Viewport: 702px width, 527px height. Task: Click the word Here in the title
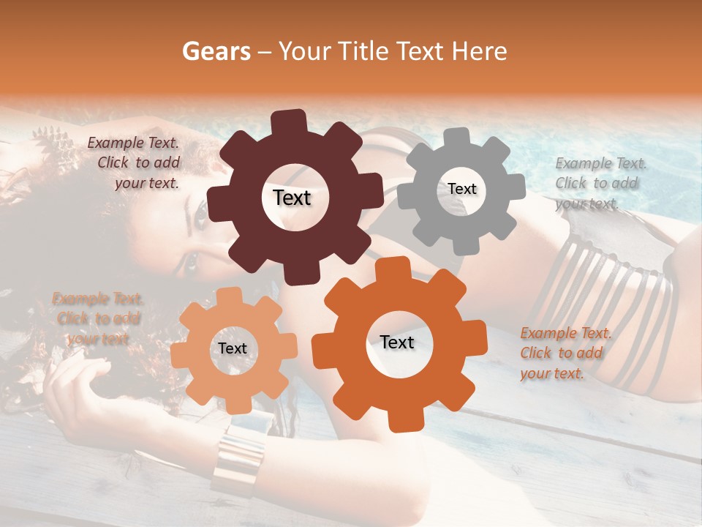tap(480, 51)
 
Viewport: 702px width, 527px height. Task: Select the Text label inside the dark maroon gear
tap(292, 198)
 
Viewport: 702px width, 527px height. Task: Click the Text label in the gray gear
tap(461, 189)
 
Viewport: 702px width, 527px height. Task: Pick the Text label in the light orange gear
tap(233, 348)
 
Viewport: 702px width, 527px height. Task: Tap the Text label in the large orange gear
tap(397, 342)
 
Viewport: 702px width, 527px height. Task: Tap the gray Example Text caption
tap(600, 183)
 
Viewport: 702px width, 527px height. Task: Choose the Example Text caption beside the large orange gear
tap(565, 354)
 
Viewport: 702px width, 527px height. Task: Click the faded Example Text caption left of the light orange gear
tap(97, 318)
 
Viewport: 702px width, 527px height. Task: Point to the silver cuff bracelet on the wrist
tap(238, 457)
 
